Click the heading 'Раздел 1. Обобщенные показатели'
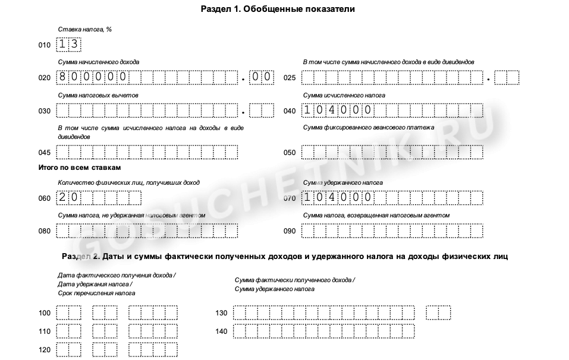[282, 10]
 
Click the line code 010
[45, 45]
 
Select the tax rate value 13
[68, 45]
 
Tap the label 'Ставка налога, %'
[85, 29]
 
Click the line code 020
[45, 78]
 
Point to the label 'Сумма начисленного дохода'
[99, 62]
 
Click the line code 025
[290, 78]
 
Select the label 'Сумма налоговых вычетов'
[98, 95]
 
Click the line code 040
[290, 111]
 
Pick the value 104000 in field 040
[337, 110]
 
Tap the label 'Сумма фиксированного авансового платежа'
[369, 128]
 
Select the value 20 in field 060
[68, 197]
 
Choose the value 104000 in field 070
[337, 197]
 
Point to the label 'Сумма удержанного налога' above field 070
[343, 182]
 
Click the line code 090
[290, 231]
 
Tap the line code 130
[222, 313]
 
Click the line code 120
[45, 350]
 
